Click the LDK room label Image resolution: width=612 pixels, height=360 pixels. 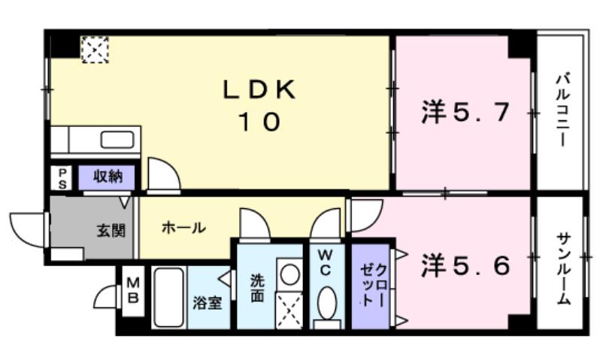coord(259,89)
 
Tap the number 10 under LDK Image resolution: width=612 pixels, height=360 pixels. coord(259,122)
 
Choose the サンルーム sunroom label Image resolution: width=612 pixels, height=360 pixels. coord(562,267)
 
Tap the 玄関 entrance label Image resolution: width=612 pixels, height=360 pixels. coord(110,230)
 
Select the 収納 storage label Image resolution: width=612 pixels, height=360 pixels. coord(108,177)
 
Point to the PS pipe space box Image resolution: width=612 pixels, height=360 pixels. coord(62,178)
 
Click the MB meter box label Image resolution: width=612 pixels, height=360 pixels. coord(132,290)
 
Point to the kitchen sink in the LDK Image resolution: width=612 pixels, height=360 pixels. coord(117,140)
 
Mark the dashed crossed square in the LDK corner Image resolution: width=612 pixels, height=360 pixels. coord(95,49)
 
